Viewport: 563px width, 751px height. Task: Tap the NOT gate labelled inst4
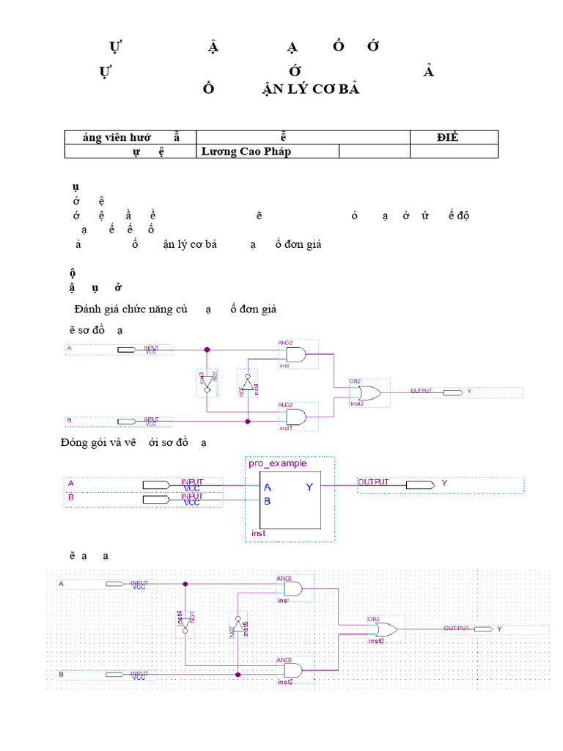(247, 383)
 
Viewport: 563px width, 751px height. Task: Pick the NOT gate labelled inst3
(207, 381)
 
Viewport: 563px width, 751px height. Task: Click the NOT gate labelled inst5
(237, 628)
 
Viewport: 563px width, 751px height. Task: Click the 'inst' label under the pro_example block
(258, 533)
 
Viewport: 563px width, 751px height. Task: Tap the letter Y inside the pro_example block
(309, 487)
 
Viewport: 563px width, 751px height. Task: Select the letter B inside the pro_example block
(268, 502)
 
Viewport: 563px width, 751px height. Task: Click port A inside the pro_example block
(268, 487)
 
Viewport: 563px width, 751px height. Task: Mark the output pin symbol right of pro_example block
(419, 485)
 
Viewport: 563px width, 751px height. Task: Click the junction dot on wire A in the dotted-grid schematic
(185, 584)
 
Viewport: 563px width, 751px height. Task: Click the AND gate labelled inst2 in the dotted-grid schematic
(293, 670)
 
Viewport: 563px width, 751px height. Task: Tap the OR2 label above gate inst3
(374, 619)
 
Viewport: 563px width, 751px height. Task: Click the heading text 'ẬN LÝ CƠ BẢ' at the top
(312, 89)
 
